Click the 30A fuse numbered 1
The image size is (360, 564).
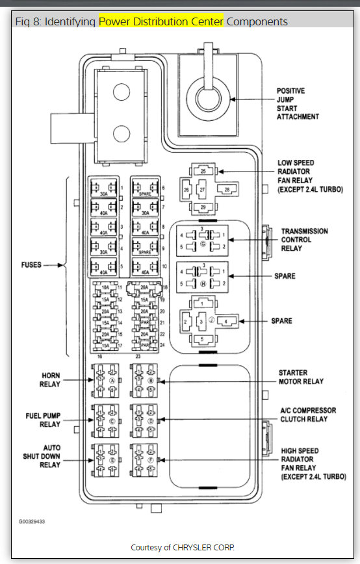point(103,188)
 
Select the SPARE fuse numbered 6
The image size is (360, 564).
point(144,188)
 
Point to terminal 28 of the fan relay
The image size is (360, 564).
point(226,189)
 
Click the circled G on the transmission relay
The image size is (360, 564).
point(203,242)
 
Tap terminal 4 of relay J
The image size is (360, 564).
point(227,320)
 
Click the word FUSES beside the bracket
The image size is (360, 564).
point(32,265)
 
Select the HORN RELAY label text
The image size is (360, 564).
point(51,380)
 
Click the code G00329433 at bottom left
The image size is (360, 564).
point(32,521)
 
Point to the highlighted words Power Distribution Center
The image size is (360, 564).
point(161,22)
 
